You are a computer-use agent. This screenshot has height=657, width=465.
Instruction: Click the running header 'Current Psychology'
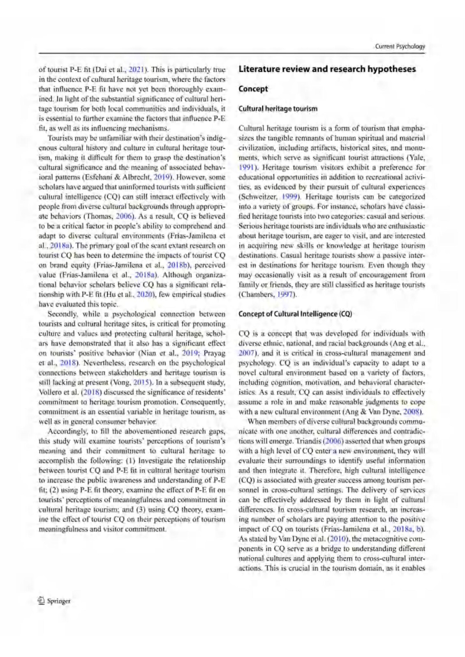coord(400,46)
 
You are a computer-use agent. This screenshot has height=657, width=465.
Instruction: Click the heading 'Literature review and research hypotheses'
coord(327,69)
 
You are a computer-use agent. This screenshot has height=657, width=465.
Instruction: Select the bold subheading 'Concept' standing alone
coord(253,89)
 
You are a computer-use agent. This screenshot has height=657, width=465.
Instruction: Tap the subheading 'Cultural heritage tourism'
coord(278,108)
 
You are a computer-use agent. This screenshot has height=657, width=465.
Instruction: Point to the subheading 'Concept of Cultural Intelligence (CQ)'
coord(295,314)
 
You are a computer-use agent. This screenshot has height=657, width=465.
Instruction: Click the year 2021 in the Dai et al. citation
coord(136,69)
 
